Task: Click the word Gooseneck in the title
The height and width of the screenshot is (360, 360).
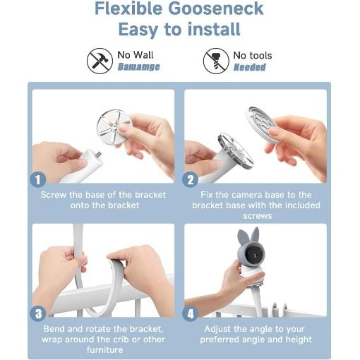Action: [x=216, y=9]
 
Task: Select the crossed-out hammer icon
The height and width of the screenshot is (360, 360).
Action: [x=100, y=61]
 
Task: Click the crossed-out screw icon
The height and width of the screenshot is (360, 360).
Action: [x=216, y=61]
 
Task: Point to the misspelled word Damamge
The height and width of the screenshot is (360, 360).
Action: [x=139, y=67]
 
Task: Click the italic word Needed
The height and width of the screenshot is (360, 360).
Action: [x=250, y=67]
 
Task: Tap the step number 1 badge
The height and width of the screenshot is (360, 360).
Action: [x=38, y=180]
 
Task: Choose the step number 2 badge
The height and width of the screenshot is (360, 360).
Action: [x=190, y=180]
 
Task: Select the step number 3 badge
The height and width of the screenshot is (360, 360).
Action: [x=38, y=313]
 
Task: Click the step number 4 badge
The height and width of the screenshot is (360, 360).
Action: [x=190, y=313]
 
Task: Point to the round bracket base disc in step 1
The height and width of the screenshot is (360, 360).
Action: [x=114, y=127]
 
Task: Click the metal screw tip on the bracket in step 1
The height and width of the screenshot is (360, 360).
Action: [x=98, y=154]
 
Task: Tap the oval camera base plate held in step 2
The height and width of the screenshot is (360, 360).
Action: [x=263, y=124]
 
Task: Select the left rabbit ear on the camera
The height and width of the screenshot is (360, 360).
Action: [x=242, y=238]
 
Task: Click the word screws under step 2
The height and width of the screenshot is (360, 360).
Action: [x=258, y=216]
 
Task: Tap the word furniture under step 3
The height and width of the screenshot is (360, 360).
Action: [x=104, y=349]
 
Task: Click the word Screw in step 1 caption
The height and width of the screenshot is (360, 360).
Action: [x=54, y=195]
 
